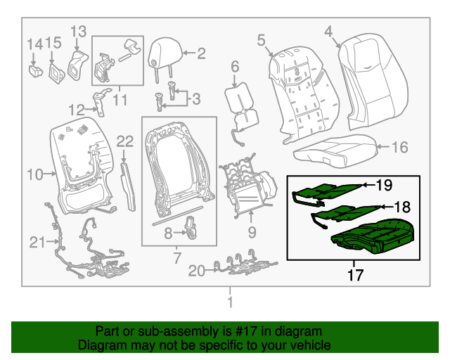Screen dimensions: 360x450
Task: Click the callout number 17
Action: click(356, 274)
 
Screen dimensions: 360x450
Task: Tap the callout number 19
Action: click(383, 186)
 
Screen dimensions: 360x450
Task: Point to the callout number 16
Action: click(399, 148)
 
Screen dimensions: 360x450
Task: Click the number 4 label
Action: click(328, 30)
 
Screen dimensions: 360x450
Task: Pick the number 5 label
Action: click(261, 41)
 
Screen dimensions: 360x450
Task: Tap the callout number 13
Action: click(78, 31)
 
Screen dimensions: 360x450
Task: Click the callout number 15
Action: click(53, 44)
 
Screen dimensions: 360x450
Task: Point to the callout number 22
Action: click(124, 141)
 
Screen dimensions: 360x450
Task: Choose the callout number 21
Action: click(37, 243)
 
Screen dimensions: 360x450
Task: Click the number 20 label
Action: click(198, 270)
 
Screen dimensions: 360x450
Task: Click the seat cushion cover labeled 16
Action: click(334, 149)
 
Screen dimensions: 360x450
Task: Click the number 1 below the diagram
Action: click(229, 302)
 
